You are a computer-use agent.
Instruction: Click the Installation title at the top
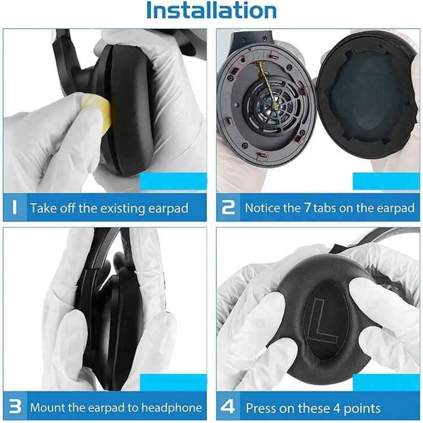pyautogui.click(x=211, y=10)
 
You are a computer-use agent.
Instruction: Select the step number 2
pyautogui.click(x=228, y=208)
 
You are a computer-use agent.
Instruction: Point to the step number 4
pyautogui.click(x=228, y=407)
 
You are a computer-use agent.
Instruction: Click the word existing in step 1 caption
pyautogui.click(x=124, y=208)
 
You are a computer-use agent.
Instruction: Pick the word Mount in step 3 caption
pyautogui.click(x=49, y=407)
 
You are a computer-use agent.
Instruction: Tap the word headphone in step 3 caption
pyautogui.click(x=171, y=407)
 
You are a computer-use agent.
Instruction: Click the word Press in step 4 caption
pyautogui.click(x=261, y=407)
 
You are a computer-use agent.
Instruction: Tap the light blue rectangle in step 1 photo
pyautogui.click(x=173, y=181)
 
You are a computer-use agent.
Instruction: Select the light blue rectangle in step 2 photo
pyautogui.click(x=386, y=181)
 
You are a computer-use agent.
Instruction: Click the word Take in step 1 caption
pyautogui.click(x=42, y=208)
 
